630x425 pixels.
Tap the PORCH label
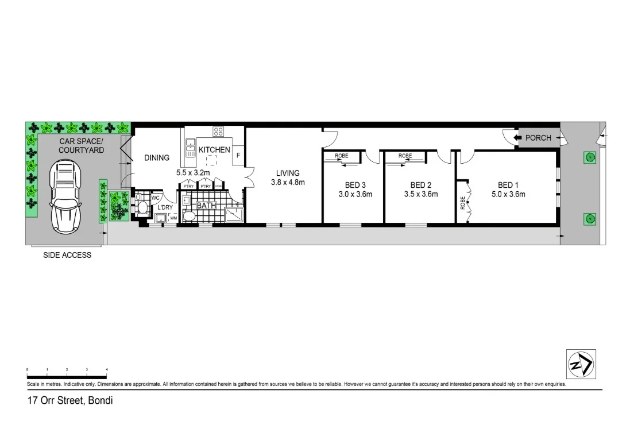click(x=538, y=138)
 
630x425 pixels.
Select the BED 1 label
click(x=508, y=185)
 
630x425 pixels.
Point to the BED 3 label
click(x=355, y=185)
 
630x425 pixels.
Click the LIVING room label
click(x=288, y=173)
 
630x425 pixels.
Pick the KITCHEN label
click(x=214, y=150)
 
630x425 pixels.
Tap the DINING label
click(x=157, y=158)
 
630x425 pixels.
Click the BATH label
click(x=206, y=205)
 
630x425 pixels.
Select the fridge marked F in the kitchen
click(x=238, y=154)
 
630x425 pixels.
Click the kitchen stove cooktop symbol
click(x=218, y=132)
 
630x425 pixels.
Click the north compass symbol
click(x=581, y=364)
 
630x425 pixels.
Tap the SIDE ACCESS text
click(x=67, y=255)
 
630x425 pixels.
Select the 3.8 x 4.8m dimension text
click(x=288, y=182)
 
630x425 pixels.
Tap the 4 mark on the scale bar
click(x=107, y=369)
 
